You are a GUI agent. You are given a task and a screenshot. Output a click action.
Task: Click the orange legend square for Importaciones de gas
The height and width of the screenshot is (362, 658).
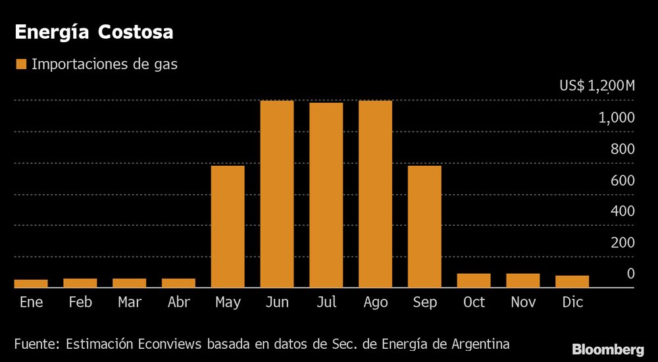[x=21, y=65]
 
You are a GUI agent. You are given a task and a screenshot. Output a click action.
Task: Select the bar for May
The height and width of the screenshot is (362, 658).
[x=228, y=226]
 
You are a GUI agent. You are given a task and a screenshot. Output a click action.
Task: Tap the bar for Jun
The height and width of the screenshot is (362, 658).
[x=277, y=194]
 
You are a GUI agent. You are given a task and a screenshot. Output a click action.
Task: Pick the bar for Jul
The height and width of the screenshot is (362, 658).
[x=326, y=195]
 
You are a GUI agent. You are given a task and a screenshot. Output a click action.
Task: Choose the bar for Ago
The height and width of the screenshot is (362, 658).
[x=375, y=194]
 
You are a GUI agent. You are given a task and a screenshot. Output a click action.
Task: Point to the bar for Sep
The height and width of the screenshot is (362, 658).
[x=424, y=226]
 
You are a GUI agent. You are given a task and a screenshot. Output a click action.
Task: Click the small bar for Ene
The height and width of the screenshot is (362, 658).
[x=31, y=284]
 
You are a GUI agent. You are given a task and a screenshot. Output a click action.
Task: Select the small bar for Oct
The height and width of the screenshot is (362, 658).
[x=474, y=280]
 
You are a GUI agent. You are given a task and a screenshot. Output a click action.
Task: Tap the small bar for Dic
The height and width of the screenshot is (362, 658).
[x=572, y=282]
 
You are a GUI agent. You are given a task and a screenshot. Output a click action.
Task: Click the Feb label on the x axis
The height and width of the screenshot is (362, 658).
[x=80, y=302]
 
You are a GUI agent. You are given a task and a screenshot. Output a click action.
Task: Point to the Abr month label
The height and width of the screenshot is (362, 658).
[x=179, y=302]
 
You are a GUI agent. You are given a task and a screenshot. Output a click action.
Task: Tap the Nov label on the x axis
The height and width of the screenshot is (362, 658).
[x=522, y=302]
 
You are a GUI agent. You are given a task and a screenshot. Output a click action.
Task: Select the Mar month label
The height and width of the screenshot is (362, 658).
[x=129, y=302]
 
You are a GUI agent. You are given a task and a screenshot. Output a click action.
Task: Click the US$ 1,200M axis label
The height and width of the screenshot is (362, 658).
[x=597, y=86]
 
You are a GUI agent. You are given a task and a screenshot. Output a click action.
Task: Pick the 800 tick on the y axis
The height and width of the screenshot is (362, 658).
[x=622, y=149]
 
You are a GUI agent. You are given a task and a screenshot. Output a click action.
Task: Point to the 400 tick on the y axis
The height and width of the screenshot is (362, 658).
[x=622, y=211]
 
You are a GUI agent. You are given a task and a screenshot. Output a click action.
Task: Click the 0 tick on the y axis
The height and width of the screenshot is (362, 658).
[x=630, y=273]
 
